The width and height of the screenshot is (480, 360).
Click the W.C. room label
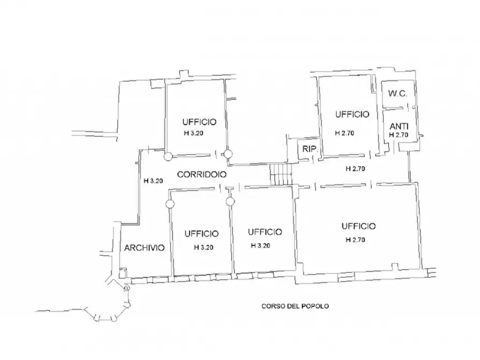pos(398,93)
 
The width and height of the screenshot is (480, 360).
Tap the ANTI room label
pos(399,126)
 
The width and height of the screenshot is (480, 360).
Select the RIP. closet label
pos(310,149)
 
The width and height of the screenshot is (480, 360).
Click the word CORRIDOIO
pos(202,175)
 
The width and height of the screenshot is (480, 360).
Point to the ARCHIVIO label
pos(145,248)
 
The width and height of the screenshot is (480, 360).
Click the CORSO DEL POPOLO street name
pos(295,306)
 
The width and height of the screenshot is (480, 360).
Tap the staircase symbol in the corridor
pos(281,175)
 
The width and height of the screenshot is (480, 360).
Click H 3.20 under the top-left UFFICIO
pos(194,133)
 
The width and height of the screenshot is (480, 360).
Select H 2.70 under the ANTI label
pos(399,135)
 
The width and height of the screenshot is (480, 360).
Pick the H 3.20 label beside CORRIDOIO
pos(153,181)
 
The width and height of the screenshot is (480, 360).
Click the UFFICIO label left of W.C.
pos(352,114)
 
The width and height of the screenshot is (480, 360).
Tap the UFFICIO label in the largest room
pos(359,226)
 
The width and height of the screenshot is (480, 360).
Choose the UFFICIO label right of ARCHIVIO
pos(202,234)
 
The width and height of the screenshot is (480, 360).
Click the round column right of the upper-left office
pos(228,154)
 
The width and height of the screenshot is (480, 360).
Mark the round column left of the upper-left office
pos(168,157)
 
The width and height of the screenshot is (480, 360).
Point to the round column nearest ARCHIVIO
pos(170,204)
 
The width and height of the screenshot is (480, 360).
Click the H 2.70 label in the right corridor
pos(355,169)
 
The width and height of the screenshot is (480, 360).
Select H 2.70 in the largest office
pos(355,240)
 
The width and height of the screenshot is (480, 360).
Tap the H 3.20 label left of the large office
pos(261,246)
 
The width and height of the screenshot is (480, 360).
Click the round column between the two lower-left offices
pos(230,201)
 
